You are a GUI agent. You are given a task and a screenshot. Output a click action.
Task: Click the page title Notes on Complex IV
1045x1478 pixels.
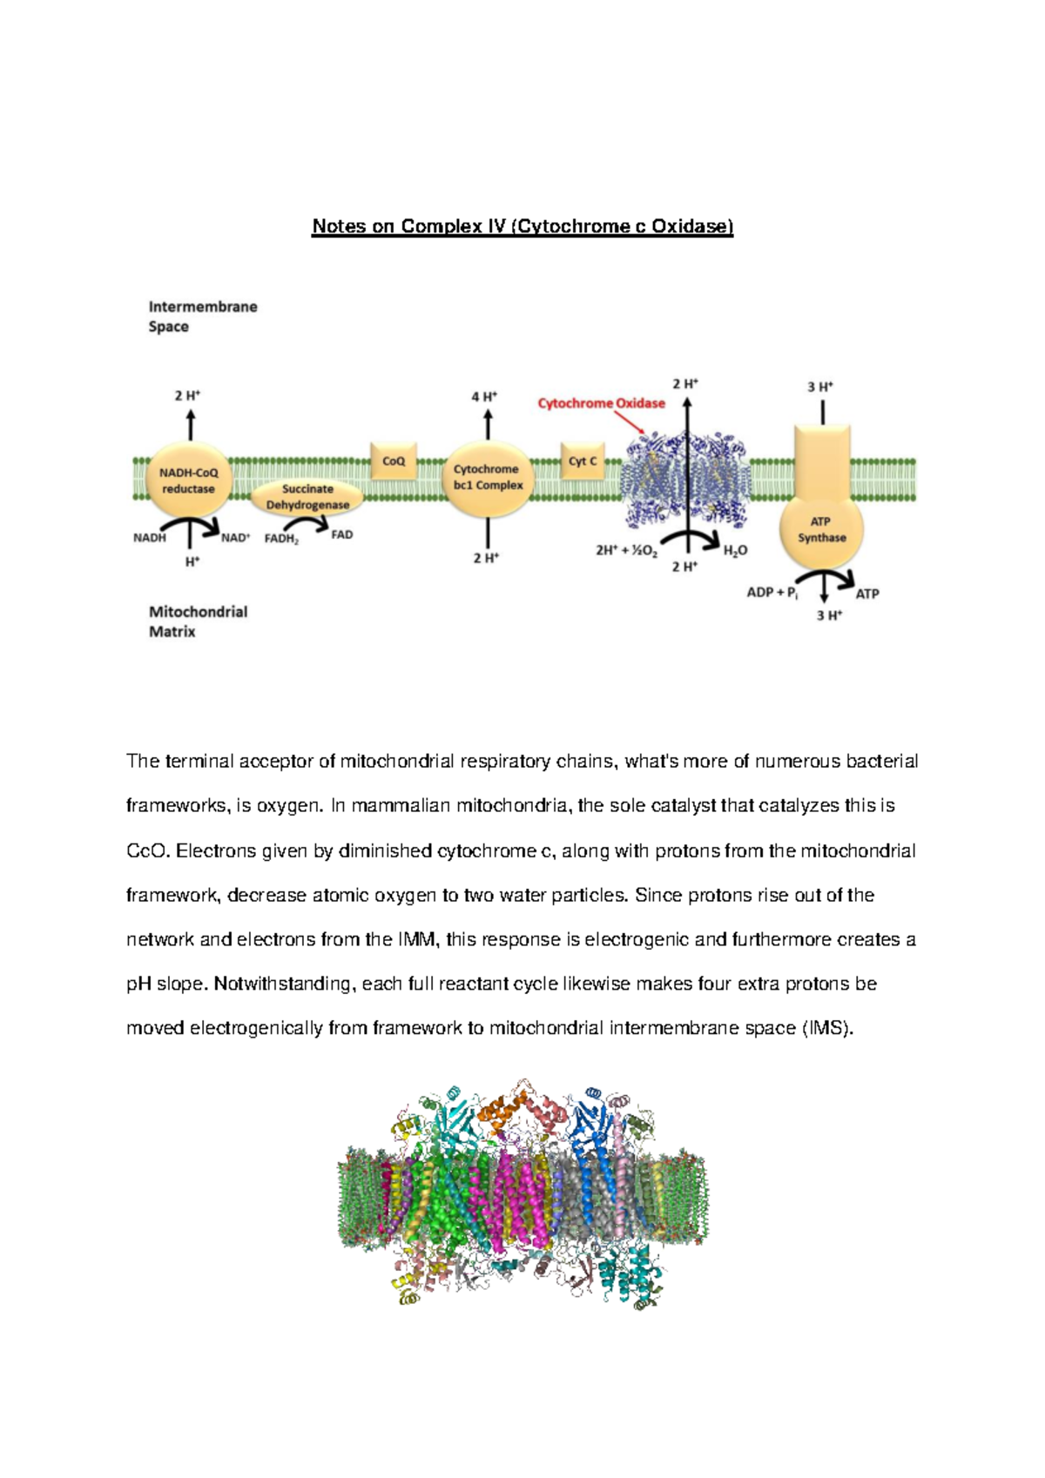pos(522,227)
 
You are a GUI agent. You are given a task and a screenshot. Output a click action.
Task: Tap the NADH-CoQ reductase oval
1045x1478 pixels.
pos(188,480)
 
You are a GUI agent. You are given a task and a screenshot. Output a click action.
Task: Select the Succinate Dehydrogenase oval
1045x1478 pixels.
pos(307,497)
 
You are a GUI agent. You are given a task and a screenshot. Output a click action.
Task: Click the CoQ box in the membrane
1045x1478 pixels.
pos(394,460)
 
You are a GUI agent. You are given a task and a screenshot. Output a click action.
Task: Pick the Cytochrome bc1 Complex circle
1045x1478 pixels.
pos(488,478)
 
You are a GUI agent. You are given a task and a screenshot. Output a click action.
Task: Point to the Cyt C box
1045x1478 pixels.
pos(583,461)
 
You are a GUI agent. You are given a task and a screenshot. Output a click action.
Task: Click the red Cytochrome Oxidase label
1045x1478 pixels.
pos(601,403)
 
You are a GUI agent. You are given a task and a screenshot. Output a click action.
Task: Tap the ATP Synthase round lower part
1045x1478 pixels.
pos(821,529)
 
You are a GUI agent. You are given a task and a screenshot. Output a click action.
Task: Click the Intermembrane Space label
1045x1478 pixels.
pos(202,317)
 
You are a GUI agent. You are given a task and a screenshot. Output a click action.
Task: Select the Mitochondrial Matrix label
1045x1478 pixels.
pos(198,621)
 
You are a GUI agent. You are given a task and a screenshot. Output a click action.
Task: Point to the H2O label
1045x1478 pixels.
pos(735,550)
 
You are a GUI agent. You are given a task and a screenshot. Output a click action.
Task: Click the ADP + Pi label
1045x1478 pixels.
pos(772,593)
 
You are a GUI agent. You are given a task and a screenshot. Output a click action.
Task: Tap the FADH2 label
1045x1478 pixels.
pos(281,539)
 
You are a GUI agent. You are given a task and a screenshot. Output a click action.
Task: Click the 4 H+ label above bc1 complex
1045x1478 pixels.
pos(484,397)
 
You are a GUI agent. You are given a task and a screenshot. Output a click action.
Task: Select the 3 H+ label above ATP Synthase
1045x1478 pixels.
pos(819,386)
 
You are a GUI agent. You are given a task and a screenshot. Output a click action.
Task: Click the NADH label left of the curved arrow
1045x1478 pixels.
pos(149,538)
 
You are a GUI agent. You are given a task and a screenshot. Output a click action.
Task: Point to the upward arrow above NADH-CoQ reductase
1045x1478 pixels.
pos(190,426)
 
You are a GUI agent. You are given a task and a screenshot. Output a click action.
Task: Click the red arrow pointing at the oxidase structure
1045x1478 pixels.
pos(629,422)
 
